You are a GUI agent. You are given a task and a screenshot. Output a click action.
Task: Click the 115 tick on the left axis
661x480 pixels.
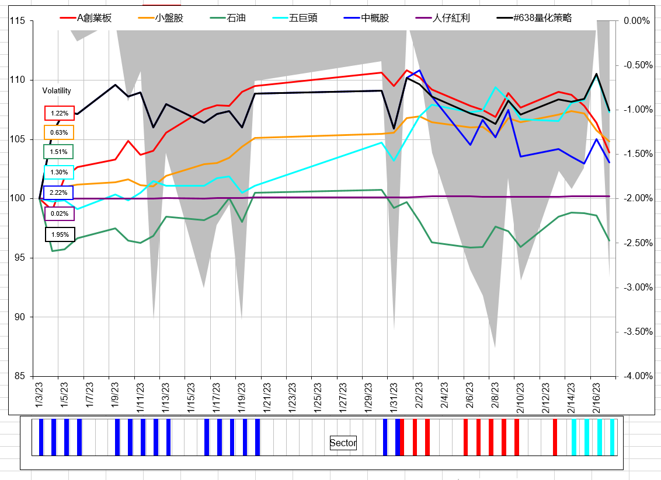click(17, 21)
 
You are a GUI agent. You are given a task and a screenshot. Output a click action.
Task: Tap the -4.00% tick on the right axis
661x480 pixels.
click(636, 376)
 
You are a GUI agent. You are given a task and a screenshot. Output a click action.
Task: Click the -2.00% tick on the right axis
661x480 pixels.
click(636, 198)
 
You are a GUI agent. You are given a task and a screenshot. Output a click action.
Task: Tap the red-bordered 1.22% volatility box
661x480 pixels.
click(59, 113)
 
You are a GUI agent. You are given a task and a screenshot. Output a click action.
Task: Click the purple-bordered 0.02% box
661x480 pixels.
click(59, 214)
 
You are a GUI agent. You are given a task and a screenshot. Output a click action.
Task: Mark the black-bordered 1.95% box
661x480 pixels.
click(59, 234)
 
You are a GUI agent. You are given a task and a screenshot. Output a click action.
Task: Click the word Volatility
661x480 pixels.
click(57, 91)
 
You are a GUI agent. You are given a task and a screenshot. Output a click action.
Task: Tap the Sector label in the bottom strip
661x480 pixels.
click(343, 443)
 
